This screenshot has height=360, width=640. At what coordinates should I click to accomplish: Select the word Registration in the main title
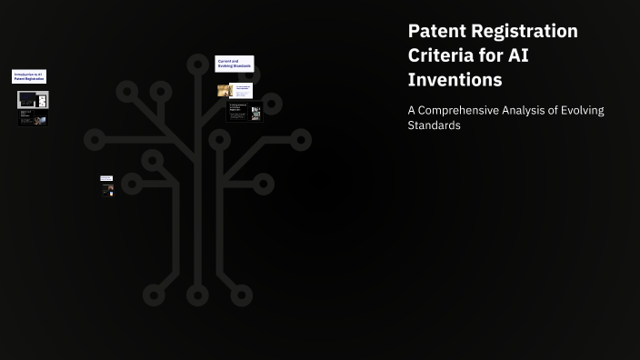click(x=527, y=31)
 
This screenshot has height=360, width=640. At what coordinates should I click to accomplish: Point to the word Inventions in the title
click(x=455, y=80)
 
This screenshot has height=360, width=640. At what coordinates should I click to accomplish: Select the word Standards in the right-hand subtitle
click(x=434, y=125)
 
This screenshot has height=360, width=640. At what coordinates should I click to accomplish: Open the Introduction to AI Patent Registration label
click(x=29, y=77)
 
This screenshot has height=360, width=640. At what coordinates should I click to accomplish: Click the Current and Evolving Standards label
click(x=234, y=64)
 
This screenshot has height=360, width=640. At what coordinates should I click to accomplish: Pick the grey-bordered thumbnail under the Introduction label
click(x=33, y=99)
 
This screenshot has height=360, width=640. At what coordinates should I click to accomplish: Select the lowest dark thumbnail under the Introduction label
click(x=33, y=118)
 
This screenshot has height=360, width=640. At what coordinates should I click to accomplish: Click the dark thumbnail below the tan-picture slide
click(x=244, y=111)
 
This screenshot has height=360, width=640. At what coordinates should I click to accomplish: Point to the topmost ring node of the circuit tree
click(x=197, y=65)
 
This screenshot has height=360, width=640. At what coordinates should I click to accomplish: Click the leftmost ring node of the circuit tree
click(x=95, y=140)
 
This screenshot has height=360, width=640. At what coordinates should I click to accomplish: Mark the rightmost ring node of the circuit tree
click(x=301, y=139)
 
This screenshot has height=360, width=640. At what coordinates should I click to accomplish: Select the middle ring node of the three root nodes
click(x=197, y=295)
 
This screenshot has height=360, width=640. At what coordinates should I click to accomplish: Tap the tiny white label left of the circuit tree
click(x=106, y=178)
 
